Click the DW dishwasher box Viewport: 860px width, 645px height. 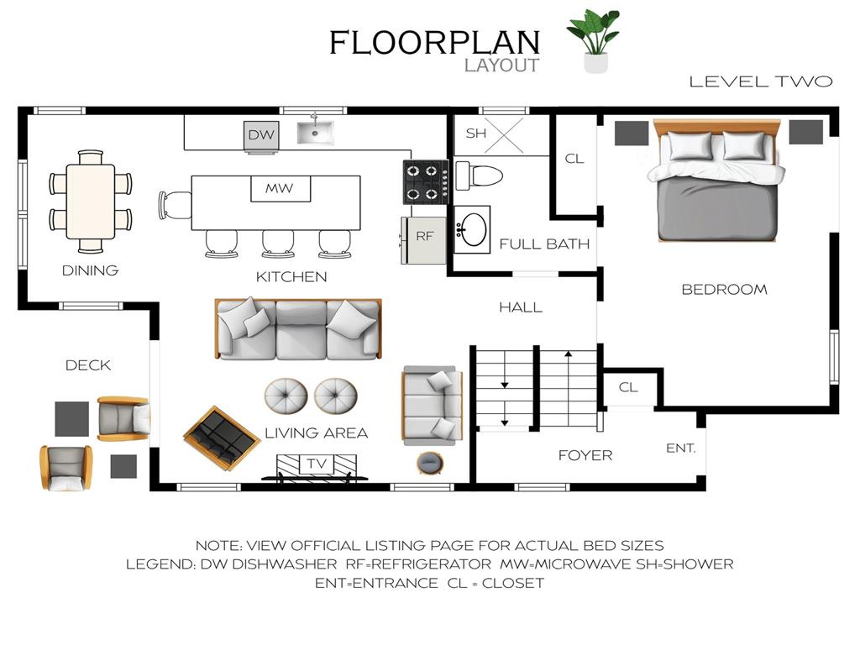point(261,135)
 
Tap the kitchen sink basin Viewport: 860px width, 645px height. point(316,133)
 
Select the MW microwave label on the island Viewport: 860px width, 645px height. point(279,189)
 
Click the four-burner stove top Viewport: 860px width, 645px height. point(426,181)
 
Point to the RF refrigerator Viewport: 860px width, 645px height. point(424,240)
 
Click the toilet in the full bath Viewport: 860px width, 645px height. point(479,176)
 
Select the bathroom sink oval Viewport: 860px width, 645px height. point(474,229)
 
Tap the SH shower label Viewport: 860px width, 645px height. point(476,134)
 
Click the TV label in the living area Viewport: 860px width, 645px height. point(317,464)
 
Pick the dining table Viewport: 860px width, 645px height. point(91,202)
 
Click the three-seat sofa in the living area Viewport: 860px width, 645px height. point(298,329)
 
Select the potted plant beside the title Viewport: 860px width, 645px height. point(595,41)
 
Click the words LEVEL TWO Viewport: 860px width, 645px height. point(761,81)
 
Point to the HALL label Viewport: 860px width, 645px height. point(521,307)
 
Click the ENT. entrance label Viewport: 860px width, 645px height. point(681,448)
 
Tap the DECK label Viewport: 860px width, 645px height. point(88,365)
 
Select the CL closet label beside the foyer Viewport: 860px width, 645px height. point(628,387)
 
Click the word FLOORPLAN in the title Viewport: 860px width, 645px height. point(435,43)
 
